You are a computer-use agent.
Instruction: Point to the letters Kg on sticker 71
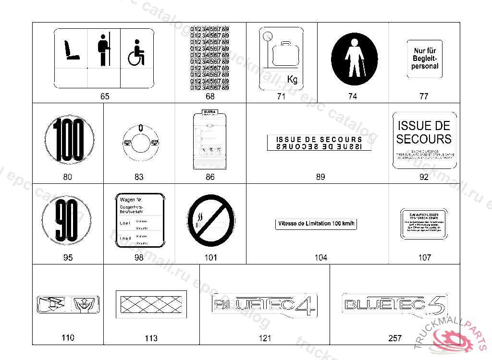click(292, 80)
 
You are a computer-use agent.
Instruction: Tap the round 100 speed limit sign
click(68, 140)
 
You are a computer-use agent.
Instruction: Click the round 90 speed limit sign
click(68, 221)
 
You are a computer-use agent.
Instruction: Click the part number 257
click(395, 338)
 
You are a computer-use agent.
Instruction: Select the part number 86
click(210, 177)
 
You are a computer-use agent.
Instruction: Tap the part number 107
click(425, 258)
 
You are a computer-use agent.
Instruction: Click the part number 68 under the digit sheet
click(210, 96)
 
